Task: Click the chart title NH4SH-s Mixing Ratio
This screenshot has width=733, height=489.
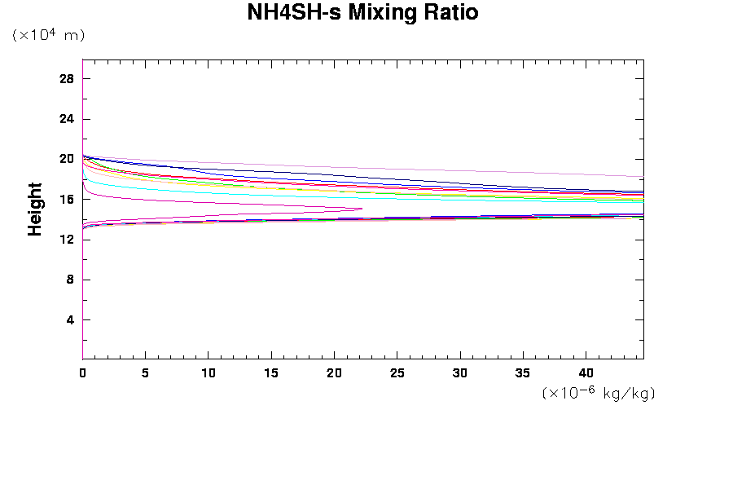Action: [x=362, y=13]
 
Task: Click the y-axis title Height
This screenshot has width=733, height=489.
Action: [x=35, y=209]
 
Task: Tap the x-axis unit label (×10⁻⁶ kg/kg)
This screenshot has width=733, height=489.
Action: [x=599, y=393]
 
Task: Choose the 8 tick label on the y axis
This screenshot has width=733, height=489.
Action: [x=70, y=280]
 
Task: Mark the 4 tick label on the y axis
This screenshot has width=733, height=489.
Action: [x=70, y=319]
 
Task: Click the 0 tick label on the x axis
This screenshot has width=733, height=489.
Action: [x=82, y=372]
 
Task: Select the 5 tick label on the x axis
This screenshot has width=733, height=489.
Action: [x=145, y=372]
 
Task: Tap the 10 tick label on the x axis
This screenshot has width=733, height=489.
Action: [x=208, y=372]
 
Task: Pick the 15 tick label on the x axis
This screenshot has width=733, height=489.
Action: [x=271, y=372]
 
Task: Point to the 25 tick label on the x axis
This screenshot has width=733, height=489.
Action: [x=397, y=372]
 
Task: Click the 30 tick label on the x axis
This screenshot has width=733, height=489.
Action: [x=460, y=372]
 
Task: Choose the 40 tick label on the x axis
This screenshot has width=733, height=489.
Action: [x=586, y=372]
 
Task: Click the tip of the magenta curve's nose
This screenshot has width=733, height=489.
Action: [x=362, y=209]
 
